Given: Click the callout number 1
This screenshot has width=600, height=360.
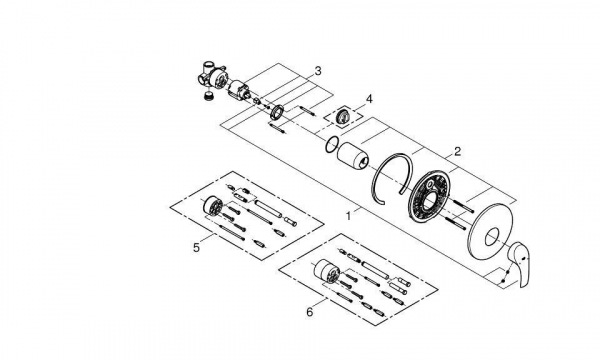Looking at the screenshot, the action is pos(348,216).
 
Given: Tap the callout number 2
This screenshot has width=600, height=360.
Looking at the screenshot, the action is pos(457,152).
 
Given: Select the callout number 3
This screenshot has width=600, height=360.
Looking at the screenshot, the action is pos(318,71).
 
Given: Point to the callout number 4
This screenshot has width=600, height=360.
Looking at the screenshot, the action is pos(369,99).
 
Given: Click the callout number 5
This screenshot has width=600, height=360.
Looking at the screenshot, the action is pos(196,248).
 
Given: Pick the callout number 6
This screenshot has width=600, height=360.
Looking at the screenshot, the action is pos(310,312).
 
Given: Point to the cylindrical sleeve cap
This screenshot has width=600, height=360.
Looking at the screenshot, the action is pos(353,156).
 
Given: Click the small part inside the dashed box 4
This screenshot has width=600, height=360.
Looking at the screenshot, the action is pos(342,116).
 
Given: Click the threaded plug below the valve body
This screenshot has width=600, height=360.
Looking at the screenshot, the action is pos(208,96).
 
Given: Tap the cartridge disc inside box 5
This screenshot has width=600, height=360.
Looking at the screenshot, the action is pos(211,207).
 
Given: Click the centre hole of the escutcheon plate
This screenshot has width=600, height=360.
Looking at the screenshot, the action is pos(492,237).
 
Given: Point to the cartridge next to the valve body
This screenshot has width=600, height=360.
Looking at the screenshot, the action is pos(239,91).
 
